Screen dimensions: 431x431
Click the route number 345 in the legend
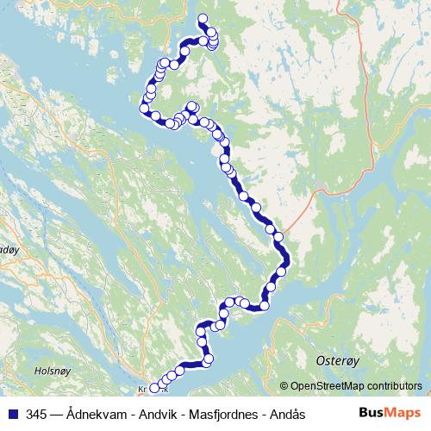[36, 415]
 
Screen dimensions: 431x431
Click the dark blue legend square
[12, 415]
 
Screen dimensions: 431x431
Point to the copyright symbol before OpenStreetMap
[284, 387]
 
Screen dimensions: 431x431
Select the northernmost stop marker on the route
[203, 19]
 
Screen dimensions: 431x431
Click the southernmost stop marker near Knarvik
[154, 388]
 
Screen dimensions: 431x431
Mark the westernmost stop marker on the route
[144, 108]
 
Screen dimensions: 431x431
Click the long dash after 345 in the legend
[56, 415]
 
